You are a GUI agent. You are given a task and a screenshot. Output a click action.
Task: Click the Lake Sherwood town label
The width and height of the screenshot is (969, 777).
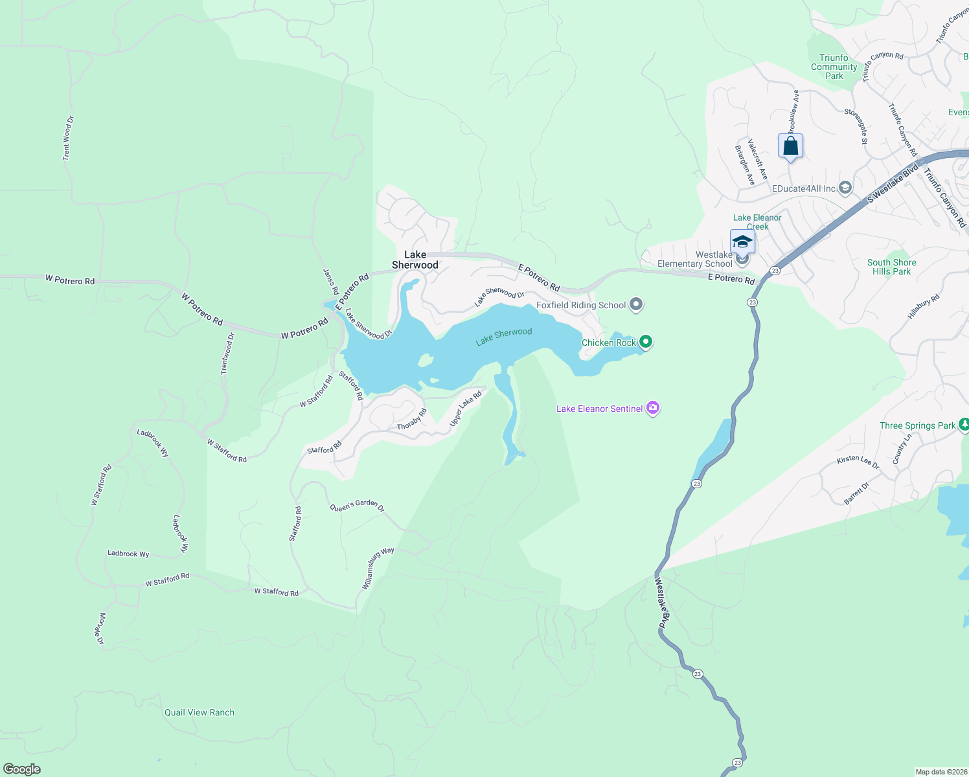415,260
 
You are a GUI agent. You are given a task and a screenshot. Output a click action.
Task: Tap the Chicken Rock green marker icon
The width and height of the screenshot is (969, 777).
645,341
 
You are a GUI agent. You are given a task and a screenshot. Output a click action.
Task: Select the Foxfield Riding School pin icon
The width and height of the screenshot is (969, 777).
636,304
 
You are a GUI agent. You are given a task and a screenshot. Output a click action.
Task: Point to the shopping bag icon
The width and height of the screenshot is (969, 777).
790,146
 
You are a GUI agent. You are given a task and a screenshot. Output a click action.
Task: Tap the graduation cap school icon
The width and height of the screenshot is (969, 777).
742,242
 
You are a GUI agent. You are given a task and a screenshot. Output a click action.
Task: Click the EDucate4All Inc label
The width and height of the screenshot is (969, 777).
804,188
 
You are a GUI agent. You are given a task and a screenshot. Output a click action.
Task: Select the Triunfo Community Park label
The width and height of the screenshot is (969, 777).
834,67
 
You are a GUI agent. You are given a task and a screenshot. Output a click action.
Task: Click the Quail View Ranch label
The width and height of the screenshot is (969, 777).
199,712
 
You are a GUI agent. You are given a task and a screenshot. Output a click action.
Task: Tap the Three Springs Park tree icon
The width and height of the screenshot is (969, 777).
964,425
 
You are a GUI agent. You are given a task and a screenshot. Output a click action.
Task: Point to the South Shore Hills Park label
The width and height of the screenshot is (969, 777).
892,267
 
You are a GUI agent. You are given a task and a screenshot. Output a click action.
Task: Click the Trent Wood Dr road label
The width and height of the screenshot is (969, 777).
68,138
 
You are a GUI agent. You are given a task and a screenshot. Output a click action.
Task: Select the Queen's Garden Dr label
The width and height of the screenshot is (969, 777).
358,506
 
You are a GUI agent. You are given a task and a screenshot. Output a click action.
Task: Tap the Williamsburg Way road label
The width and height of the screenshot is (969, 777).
378,569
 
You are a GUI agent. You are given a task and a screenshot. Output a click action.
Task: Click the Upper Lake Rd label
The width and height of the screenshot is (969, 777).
466,409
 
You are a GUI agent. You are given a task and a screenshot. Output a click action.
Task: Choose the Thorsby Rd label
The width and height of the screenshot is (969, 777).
412,420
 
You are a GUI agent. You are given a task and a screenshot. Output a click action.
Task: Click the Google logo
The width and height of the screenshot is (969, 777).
22,769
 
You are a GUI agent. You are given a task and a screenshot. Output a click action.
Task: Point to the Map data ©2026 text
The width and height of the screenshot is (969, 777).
940,772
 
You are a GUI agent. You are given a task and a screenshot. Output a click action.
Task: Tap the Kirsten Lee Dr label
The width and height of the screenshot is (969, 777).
858,462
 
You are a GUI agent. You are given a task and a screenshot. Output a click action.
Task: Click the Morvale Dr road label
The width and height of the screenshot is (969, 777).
101,629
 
